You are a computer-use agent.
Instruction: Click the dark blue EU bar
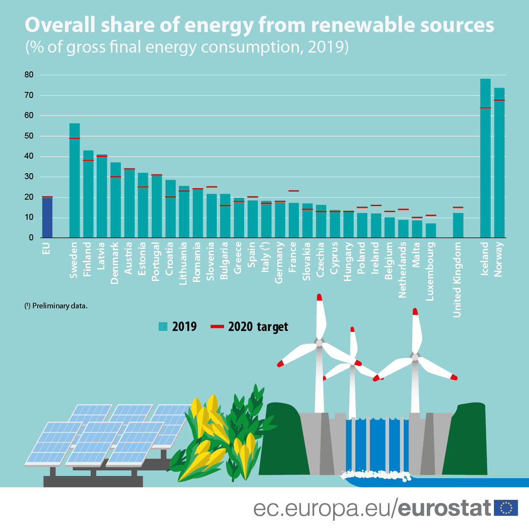[47, 217]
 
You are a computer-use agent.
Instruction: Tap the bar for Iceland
[485, 158]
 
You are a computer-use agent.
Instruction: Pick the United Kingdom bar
[458, 225]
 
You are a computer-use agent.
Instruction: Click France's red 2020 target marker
[294, 191]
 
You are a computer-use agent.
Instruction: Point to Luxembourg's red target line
[431, 215]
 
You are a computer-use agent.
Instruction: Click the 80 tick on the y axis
[29, 75]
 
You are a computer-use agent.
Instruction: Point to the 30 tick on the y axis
[29, 177]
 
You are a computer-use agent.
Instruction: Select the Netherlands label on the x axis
[402, 269]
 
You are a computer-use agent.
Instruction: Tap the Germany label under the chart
[279, 262]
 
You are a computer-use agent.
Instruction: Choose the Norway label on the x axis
[499, 259]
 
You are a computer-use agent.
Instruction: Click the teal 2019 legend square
[163, 326]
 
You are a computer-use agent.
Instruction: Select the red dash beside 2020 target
[217, 327]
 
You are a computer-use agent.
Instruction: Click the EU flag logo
[506, 508]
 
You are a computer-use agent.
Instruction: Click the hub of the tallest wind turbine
[319, 342]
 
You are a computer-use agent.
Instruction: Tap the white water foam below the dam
[376, 474]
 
